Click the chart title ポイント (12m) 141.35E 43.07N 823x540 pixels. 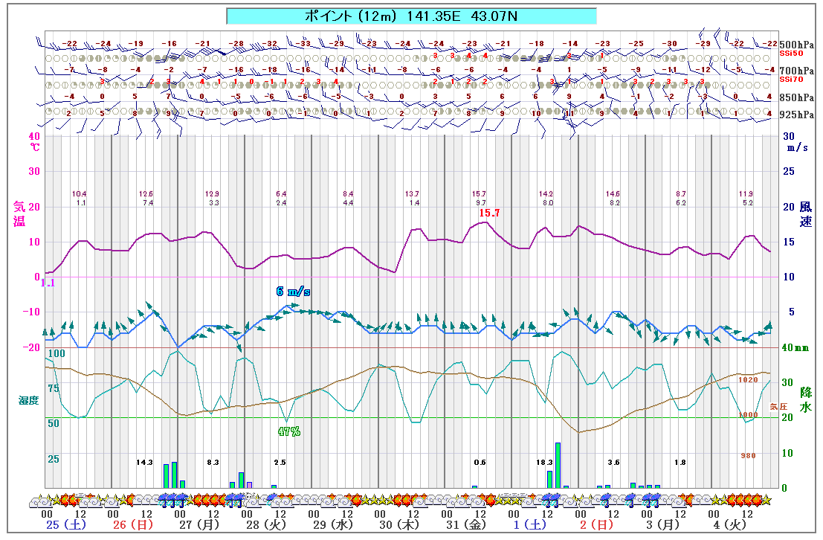[x=411, y=16]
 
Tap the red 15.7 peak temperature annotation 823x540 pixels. [x=489, y=213]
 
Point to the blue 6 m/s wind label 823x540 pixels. [x=293, y=292]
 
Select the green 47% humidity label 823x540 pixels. [x=288, y=431]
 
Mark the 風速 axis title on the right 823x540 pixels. [x=806, y=215]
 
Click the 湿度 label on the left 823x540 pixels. [x=28, y=400]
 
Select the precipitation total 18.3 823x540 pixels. [x=545, y=463]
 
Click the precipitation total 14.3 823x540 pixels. [x=144, y=463]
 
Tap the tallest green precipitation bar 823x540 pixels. [x=558, y=465]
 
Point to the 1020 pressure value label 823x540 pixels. [x=748, y=379]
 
